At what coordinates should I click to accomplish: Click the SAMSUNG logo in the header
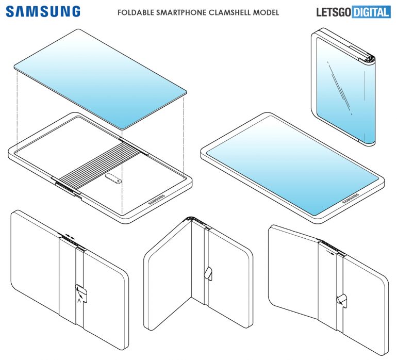click(x=43, y=11)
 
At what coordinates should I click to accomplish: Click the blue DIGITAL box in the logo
click(x=371, y=12)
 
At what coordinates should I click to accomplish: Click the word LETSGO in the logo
click(x=333, y=12)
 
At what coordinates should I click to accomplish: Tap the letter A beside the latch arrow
click(x=78, y=300)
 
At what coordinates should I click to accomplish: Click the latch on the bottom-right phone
click(x=341, y=299)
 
